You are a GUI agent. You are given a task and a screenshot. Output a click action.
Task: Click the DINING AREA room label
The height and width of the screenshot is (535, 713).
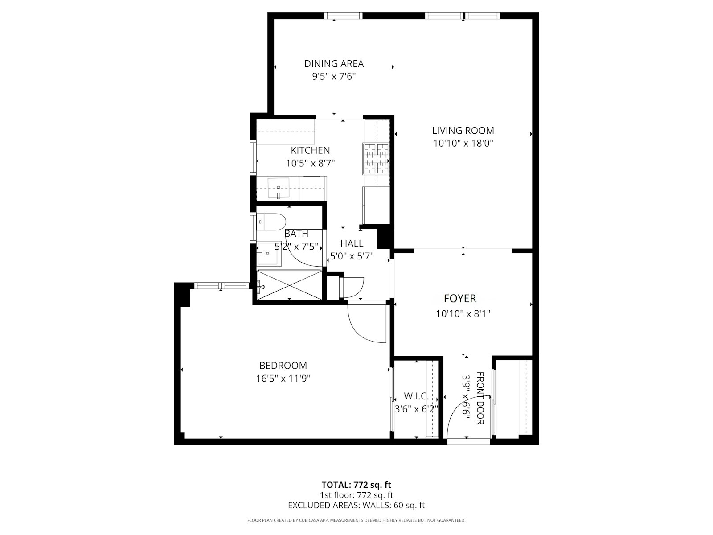pos(334,64)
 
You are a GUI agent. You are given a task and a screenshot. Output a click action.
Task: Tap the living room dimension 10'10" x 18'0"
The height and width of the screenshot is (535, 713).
pos(463,144)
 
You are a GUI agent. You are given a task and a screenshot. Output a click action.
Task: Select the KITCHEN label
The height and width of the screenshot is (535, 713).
pos(310,150)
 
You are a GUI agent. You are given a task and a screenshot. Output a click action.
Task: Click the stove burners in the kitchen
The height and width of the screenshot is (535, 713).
pos(377,159)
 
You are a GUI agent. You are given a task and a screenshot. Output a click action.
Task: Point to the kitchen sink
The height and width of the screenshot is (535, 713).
pos(278,188)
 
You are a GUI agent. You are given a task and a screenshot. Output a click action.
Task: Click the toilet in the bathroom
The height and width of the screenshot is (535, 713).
pos(271,222)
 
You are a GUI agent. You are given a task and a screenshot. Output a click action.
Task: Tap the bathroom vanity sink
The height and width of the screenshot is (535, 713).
pos(267,254)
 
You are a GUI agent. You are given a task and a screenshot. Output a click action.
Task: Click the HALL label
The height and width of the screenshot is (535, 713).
pos(352,243)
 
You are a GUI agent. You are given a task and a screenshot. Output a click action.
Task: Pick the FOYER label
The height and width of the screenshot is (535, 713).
pos(460,299)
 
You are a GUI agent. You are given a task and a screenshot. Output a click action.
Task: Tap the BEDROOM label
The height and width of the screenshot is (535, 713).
pos(283,366)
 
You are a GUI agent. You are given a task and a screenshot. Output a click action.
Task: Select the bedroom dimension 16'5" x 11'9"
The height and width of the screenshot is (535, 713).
pos(283,379)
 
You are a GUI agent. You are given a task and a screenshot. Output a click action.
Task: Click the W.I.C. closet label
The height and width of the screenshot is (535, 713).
pos(416,396)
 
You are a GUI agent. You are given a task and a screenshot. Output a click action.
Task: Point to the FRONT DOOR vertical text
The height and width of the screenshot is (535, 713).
pos(480,398)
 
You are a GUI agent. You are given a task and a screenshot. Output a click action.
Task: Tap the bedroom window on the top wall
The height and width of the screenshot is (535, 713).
pos(221,286)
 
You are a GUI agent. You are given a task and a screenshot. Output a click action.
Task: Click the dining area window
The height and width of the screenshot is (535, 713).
pos(343,16)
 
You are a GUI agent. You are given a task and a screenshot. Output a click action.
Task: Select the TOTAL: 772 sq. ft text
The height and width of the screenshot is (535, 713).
pos(356,485)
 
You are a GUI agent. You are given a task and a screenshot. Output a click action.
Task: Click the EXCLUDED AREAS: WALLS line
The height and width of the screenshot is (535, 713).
pos(356,505)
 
